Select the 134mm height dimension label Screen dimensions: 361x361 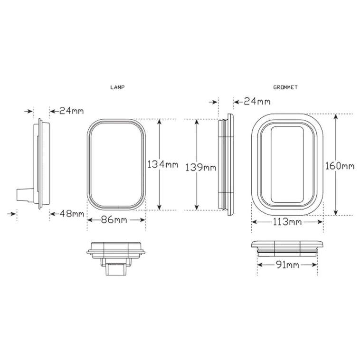click(163, 165)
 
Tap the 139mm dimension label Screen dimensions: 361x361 click(200, 167)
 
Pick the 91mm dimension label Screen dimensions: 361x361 click(286, 265)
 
